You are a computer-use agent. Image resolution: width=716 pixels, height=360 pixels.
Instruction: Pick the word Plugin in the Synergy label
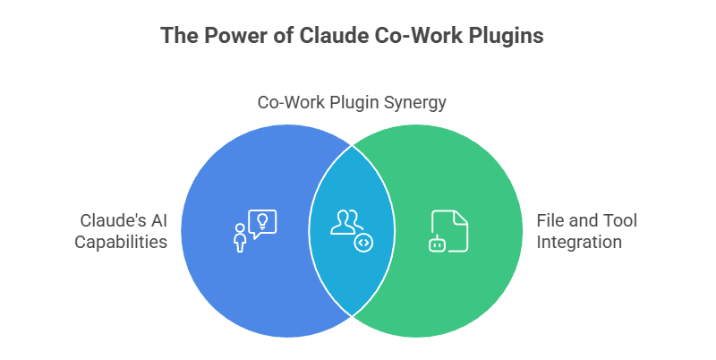pos(352,102)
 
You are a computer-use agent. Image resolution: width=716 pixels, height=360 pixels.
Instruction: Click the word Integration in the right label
pos(577,241)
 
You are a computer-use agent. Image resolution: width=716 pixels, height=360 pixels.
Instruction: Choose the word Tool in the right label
pos(620,220)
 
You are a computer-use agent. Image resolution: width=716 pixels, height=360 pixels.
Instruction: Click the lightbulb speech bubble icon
pos(263,223)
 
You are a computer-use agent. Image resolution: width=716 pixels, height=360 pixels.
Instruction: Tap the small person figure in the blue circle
pos(240,239)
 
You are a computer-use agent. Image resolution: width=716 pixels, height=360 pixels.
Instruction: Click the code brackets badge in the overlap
pos(362,242)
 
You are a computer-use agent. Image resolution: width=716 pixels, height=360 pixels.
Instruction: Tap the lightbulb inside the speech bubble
pos(263,219)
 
